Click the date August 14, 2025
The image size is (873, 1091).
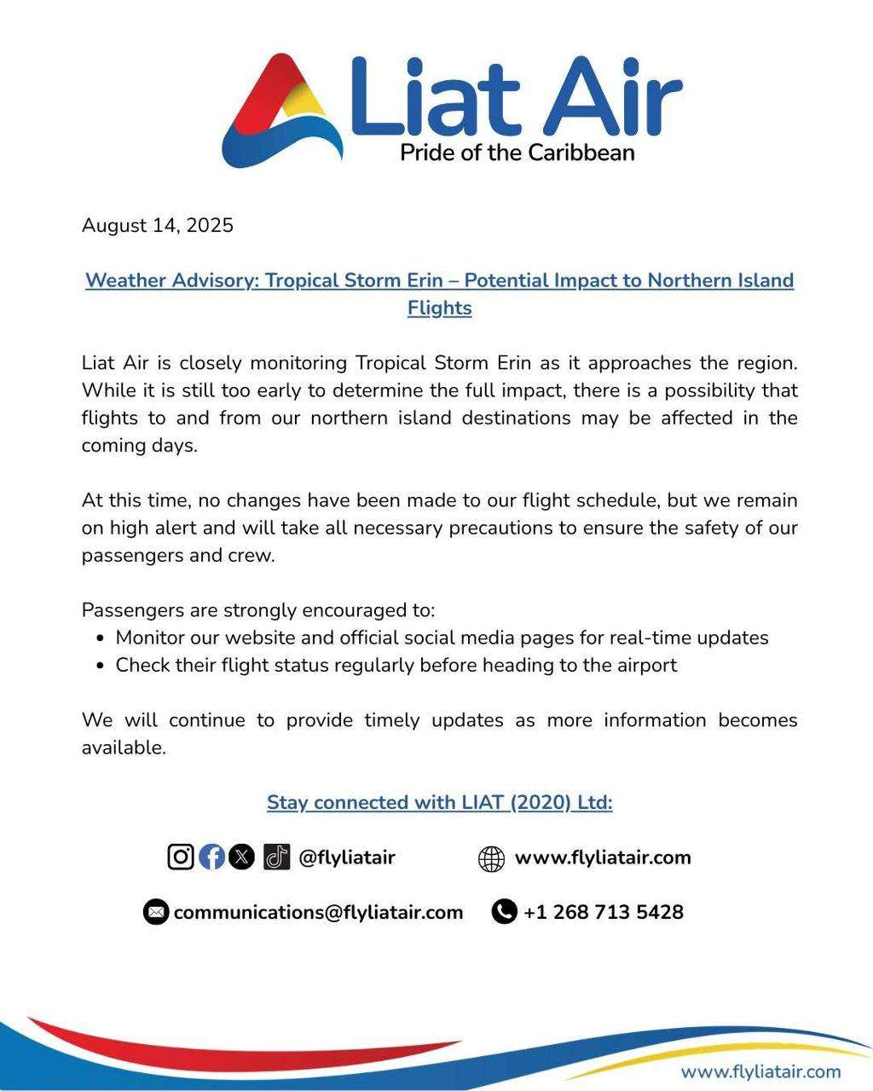click(157, 226)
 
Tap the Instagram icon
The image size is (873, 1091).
click(181, 857)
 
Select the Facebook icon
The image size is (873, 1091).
click(211, 857)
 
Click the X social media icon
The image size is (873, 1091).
click(242, 857)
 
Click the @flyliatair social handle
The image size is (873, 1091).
click(346, 857)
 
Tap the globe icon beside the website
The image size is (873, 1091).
click(491, 858)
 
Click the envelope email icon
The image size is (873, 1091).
click(155, 912)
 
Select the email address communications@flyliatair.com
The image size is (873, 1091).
click(318, 912)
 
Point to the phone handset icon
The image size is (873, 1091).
click(504, 912)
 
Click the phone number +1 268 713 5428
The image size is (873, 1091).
click(603, 912)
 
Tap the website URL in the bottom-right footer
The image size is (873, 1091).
click(760, 1071)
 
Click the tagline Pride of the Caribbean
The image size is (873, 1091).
click(517, 153)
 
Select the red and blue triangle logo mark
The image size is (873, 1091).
click(281, 111)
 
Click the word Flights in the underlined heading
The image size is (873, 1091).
click(439, 308)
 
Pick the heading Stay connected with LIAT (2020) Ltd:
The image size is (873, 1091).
click(439, 803)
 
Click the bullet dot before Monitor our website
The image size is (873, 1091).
click(101, 638)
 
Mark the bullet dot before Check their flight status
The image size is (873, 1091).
click(101, 666)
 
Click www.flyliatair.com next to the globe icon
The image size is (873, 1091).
click(603, 857)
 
